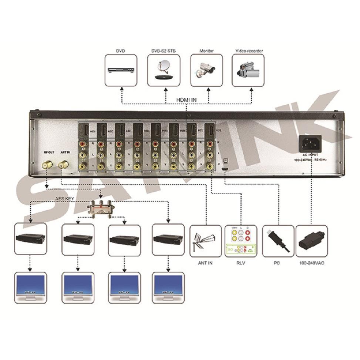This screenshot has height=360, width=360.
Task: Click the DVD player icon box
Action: (121, 71)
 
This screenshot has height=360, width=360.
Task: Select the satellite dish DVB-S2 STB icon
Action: (164, 71)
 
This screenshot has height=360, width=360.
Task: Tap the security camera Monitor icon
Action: (206, 71)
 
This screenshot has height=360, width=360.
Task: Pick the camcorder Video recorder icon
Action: (248, 71)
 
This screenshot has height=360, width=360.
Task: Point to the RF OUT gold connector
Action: (47, 165)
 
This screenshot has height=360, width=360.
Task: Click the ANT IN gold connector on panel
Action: (64, 164)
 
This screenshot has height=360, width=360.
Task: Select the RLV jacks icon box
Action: (240, 241)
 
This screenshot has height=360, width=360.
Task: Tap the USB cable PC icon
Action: (278, 241)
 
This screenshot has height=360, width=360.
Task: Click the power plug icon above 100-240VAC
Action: (312, 241)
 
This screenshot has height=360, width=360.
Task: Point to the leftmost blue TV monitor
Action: (31, 287)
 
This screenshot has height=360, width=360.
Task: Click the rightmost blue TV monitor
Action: (168, 287)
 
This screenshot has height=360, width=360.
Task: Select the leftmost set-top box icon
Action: (31, 239)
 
